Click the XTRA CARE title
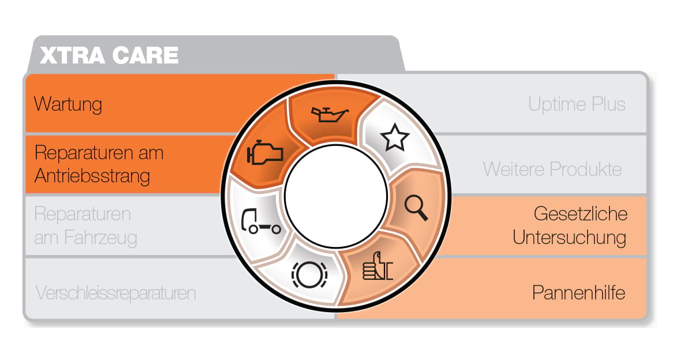(109, 55)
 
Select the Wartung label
(68, 104)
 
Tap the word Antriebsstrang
(92, 176)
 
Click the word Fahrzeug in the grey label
(100, 237)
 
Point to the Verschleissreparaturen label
(115, 293)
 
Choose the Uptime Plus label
(577, 104)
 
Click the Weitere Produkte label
(552, 169)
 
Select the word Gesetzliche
(580, 213)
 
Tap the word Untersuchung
(569, 237)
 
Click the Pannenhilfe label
(578, 293)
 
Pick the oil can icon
(330, 114)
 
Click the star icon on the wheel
(395, 137)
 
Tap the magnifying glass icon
(416, 208)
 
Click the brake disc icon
(309, 275)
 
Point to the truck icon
(261, 222)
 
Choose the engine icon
(264, 152)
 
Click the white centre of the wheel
(335, 196)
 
